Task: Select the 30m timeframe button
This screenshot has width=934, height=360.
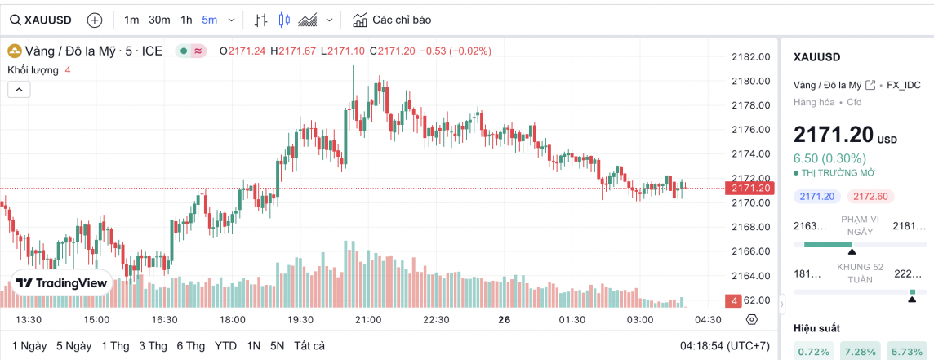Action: click(x=159, y=20)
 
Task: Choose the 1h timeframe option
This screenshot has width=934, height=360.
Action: click(x=186, y=20)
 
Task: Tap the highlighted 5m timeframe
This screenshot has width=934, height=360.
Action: click(x=210, y=20)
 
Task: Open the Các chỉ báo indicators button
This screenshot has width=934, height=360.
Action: click(x=393, y=20)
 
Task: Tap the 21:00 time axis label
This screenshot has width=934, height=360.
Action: click(x=369, y=319)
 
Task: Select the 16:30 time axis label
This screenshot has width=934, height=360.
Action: click(x=164, y=319)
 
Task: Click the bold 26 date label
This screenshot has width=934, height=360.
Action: click(x=504, y=319)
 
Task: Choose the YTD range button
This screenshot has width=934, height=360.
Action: click(x=225, y=345)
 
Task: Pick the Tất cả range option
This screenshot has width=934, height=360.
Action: click(x=309, y=345)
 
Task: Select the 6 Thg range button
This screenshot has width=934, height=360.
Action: click(x=190, y=345)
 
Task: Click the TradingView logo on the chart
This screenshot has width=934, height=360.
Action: click(x=61, y=283)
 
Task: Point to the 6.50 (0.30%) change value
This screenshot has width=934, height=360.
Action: click(x=829, y=158)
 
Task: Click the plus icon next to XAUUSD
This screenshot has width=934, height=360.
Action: click(x=95, y=20)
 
